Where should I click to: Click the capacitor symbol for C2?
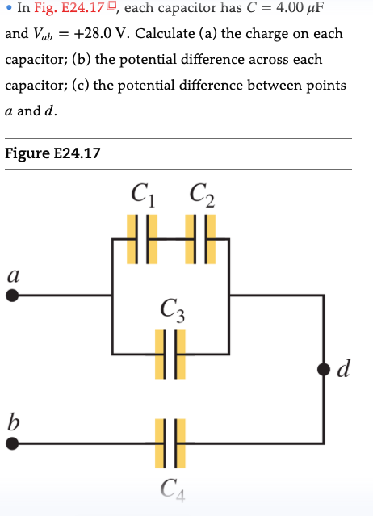[201, 239]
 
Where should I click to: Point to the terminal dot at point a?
[13, 296]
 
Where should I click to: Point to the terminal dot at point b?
[13, 443]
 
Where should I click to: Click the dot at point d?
[324, 369]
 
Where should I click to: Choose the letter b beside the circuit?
[12, 420]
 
